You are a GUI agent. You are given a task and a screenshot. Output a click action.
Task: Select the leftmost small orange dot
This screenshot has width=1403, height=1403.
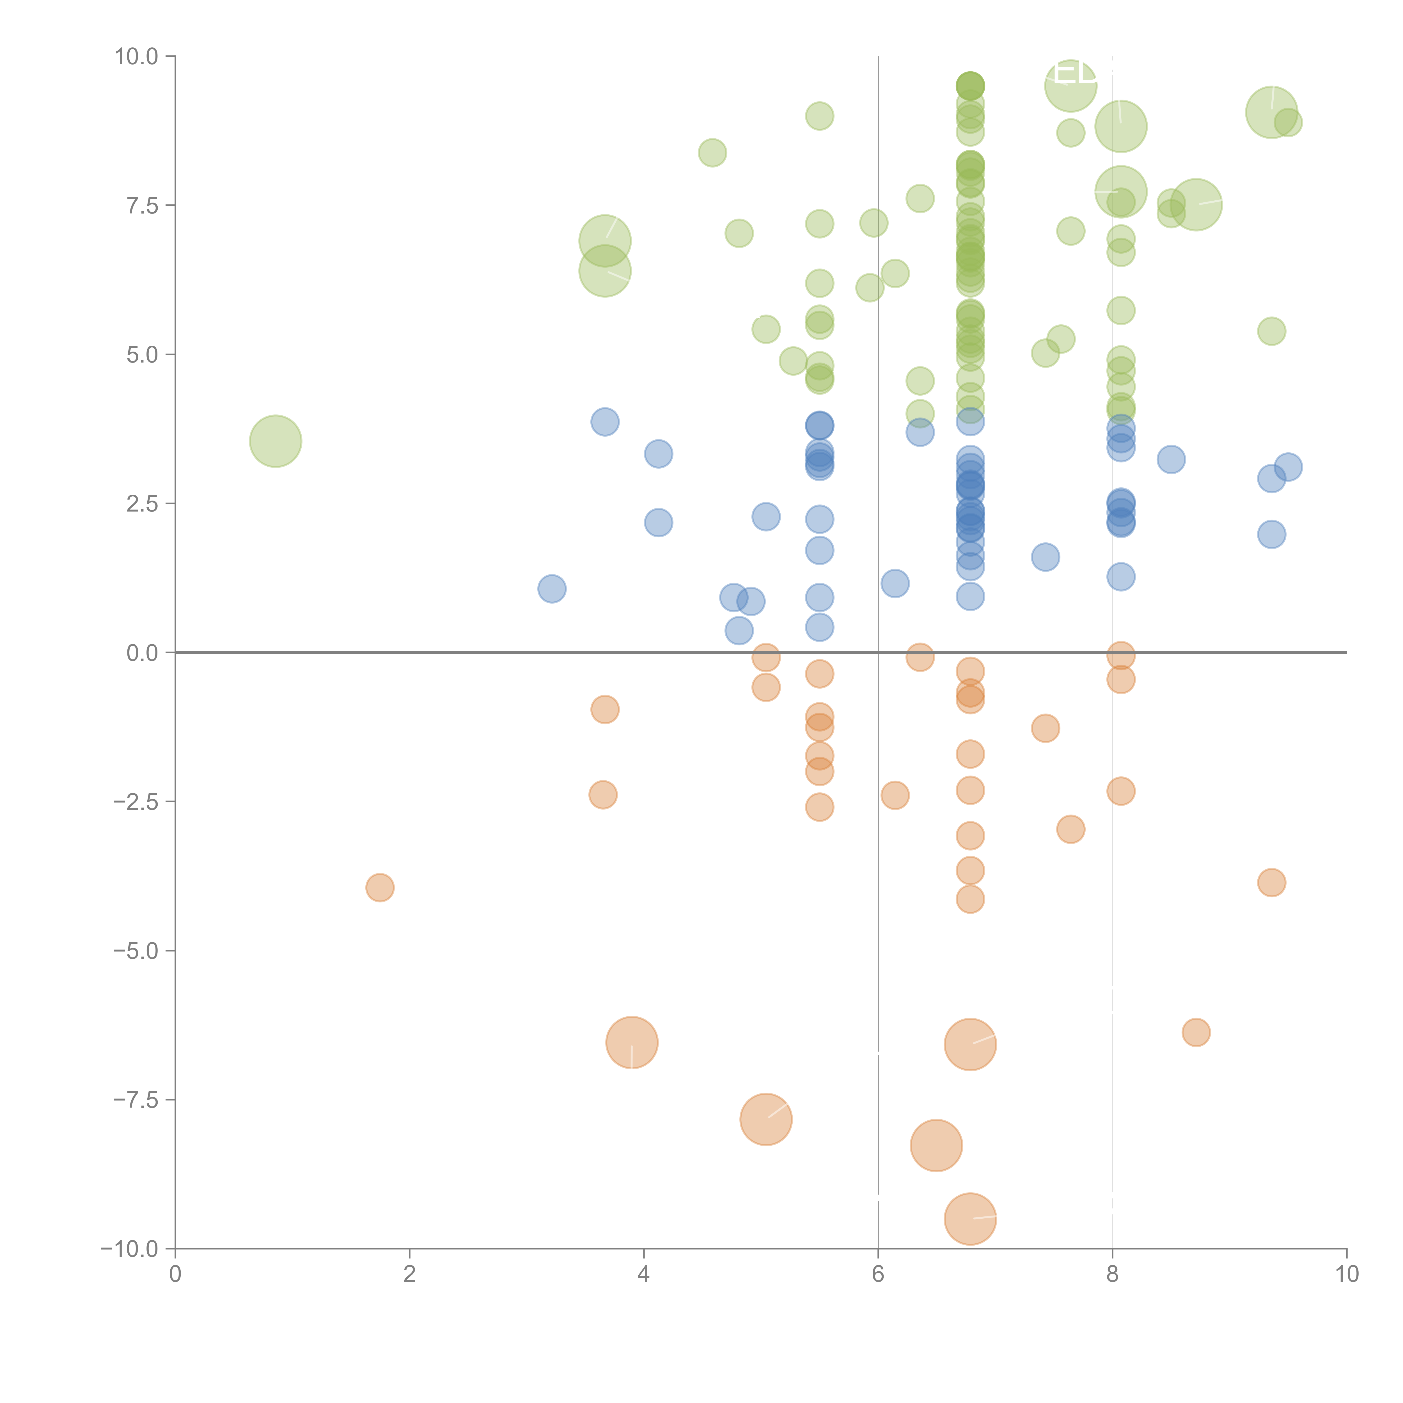click(x=380, y=888)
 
